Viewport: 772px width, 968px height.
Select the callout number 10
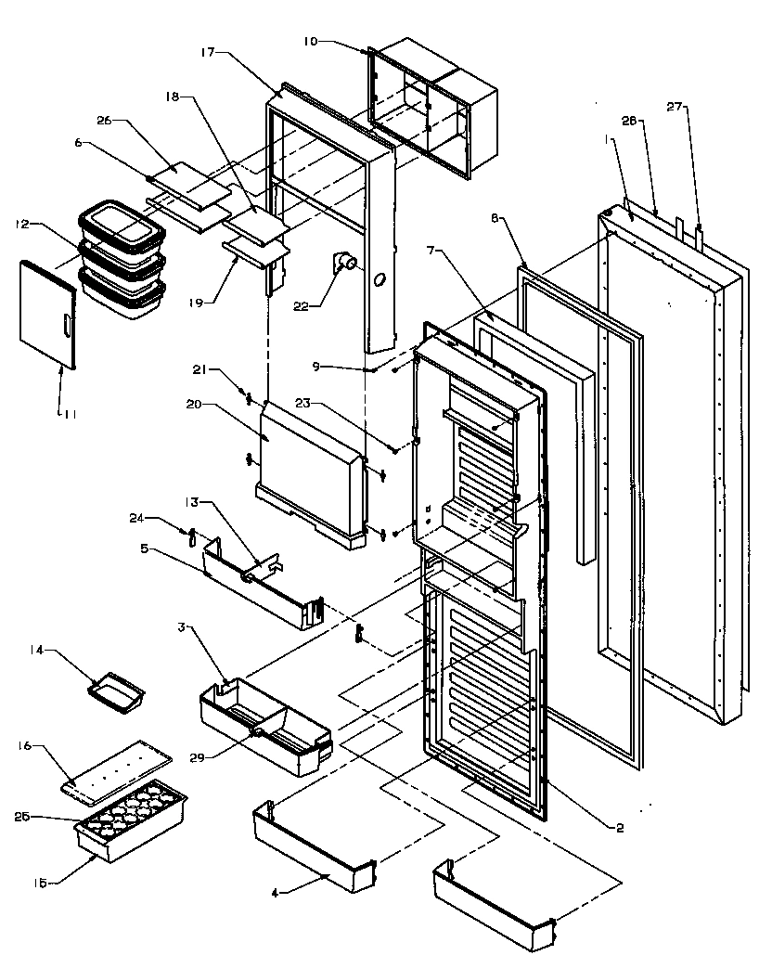pos(309,41)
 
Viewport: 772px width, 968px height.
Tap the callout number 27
pos(675,108)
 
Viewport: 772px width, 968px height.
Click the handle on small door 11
pos(65,327)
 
